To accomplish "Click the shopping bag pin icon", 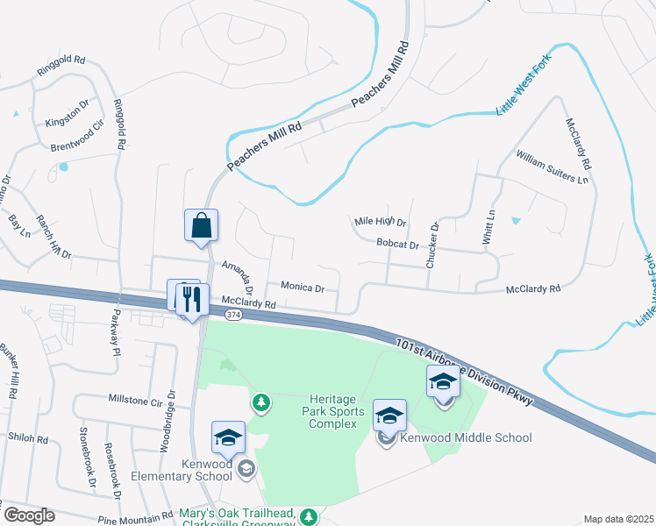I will (202, 225).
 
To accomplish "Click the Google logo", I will (29, 515).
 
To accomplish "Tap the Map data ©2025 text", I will (618, 519).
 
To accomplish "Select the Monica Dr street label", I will (303, 287).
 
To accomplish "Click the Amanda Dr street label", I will (237, 276).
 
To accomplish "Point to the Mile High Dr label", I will (380, 222).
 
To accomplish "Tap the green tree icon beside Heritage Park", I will (260, 402).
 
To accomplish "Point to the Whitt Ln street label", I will (489, 225).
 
